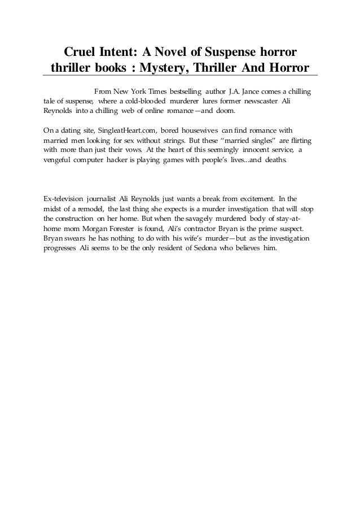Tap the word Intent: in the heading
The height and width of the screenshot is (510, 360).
click(119, 53)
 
